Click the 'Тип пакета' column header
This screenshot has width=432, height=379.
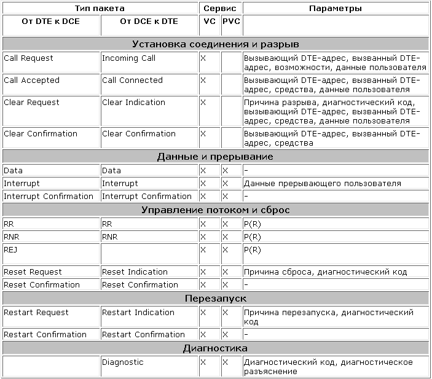[101, 9]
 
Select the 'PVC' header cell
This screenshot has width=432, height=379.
[231, 21]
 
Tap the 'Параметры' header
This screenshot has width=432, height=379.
[335, 9]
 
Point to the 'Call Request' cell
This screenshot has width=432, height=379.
[29, 58]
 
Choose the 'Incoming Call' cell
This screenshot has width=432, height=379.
[128, 58]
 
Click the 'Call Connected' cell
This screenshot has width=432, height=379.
[132, 80]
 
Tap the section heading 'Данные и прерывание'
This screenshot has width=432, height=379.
[216, 157]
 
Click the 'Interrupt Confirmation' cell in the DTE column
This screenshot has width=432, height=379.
[49, 197]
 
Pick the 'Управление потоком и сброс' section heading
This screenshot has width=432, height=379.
[216, 210]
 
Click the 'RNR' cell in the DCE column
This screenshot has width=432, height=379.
[109, 236]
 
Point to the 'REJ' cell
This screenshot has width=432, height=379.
[10, 250]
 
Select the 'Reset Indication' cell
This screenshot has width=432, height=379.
[135, 272]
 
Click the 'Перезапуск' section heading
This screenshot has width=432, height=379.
[216, 299]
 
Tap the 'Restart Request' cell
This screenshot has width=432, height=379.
[36, 313]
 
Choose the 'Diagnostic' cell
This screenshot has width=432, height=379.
[123, 362]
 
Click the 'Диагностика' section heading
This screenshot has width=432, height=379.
[216, 348]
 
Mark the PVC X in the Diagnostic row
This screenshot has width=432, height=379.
[225, 362]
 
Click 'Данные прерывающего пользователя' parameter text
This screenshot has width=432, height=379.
[322, 184]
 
